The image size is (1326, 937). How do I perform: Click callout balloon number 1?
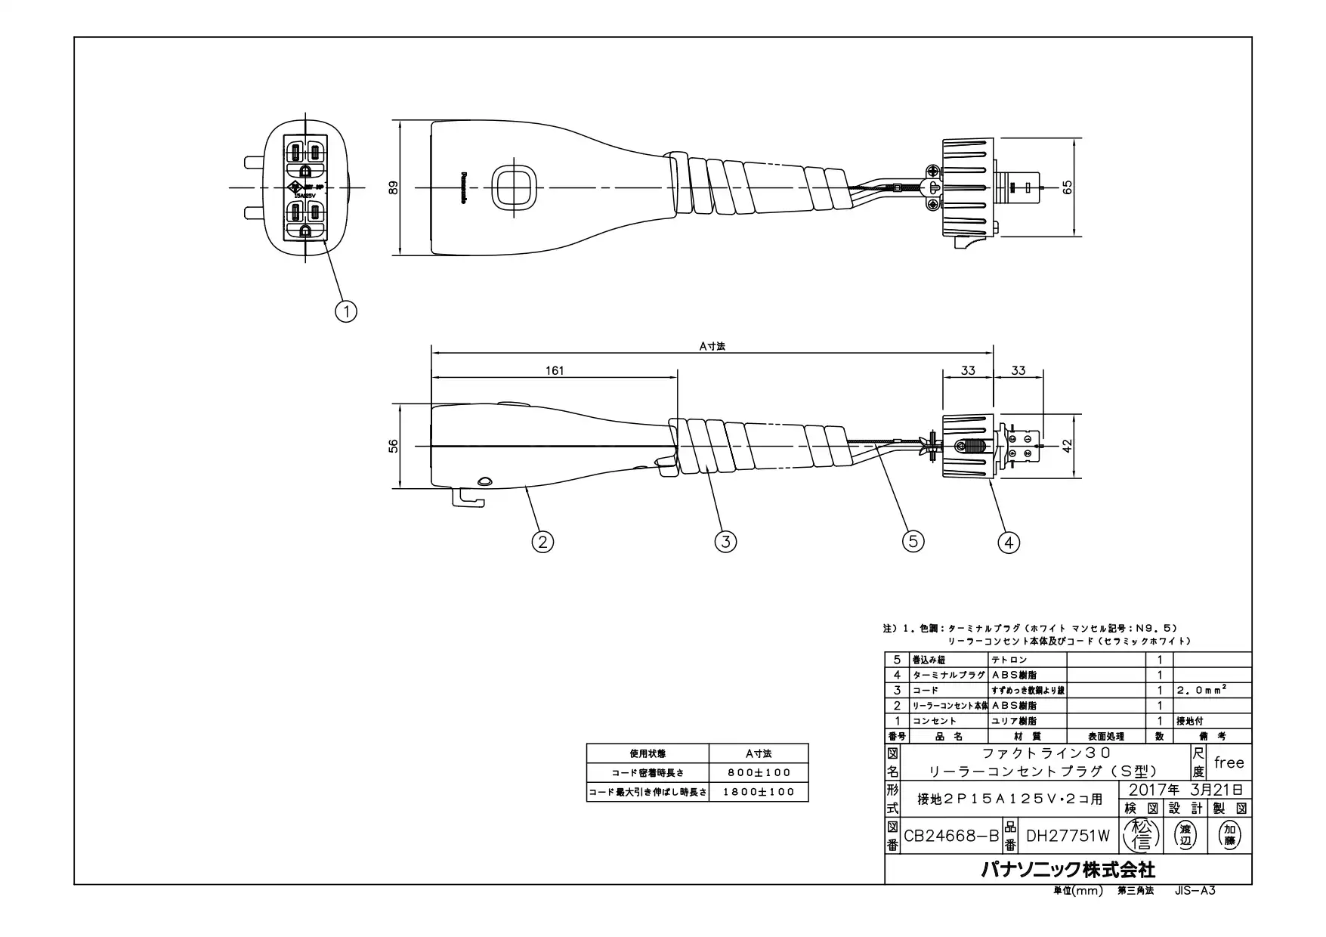coord(346,311)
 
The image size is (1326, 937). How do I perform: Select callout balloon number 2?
coord(542,541)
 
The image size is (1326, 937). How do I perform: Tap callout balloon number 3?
coord(725,541)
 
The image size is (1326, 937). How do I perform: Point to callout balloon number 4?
coord(1009,542)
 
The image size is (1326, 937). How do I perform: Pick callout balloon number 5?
coord(913,541)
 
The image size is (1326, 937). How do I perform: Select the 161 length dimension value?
coord(555,370)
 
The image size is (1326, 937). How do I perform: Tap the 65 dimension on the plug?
coord(1068,187)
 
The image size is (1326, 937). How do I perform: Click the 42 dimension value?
coord(1068,446)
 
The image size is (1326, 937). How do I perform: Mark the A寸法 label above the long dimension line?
coord(712,346)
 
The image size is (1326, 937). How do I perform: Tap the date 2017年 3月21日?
coord(1184,790)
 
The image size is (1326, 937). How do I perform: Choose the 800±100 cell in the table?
coord(758,772)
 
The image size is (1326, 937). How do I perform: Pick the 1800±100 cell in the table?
coord(758,792)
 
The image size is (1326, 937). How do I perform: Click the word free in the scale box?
coord(1229,762)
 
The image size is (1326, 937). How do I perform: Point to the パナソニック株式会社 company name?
coord(1068,869)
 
